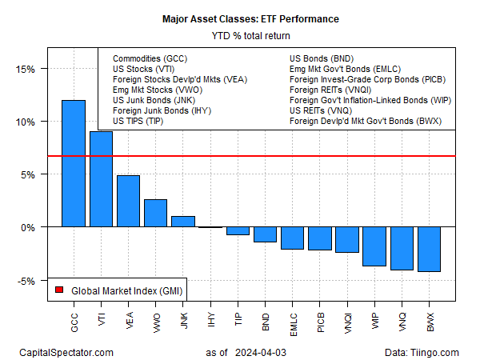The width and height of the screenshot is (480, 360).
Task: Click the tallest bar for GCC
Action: click(x=74, y=164)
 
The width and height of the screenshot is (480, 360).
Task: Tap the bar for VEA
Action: click(x=128, y=201)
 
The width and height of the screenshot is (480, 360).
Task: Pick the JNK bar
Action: click(x=182, y=222)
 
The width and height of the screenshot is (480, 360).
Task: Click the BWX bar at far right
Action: click(x=428, y=250)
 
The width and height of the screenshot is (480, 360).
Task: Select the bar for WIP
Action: click(x=374, y=246)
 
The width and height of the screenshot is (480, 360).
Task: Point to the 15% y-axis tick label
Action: click(x=26, y=69)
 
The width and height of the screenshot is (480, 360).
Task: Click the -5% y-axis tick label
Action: click(x=26, y=281)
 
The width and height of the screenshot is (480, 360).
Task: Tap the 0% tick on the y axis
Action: click(x=29, y=227)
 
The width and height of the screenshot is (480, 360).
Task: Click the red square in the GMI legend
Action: click(x=58, y=290)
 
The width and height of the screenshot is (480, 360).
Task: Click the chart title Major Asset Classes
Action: click(x=239, y=17)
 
